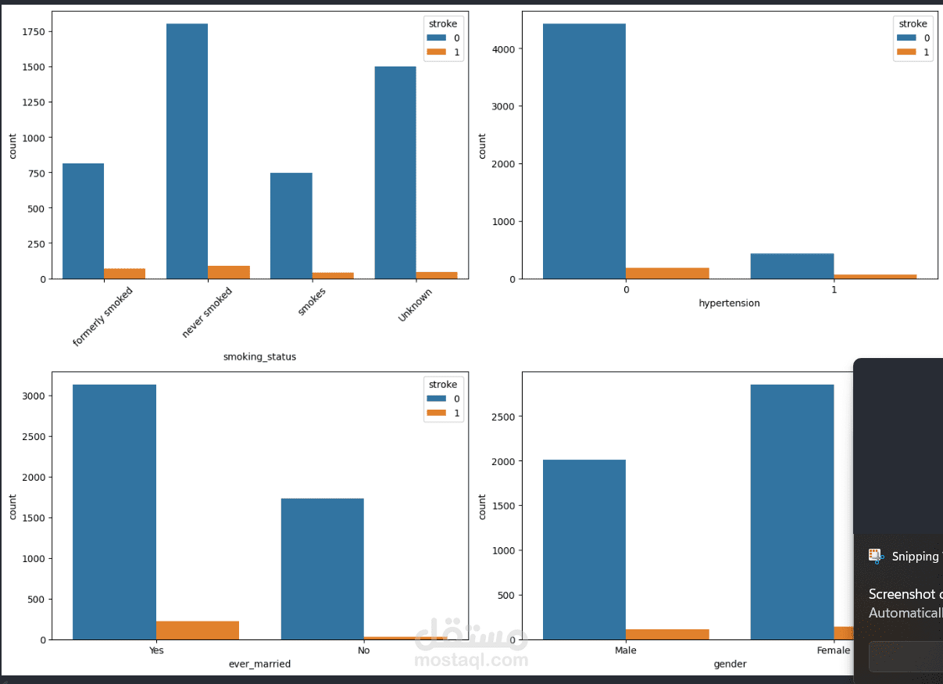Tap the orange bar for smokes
[x=333, y=275]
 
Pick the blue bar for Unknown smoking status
[x=395, y=172]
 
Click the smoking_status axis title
[x=259, y=356]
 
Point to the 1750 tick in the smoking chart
[x=38, y=32]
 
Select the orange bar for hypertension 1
[x=875, y=276]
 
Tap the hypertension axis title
[x=729, y=303]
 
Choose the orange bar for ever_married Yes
[x=197, y=630]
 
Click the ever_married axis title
[x=259, y=664]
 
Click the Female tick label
[x=834, y=650]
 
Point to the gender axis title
[x=730, y=664]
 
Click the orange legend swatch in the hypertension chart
[x=907, y=52]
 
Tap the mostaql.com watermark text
[x=471, y=661]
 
